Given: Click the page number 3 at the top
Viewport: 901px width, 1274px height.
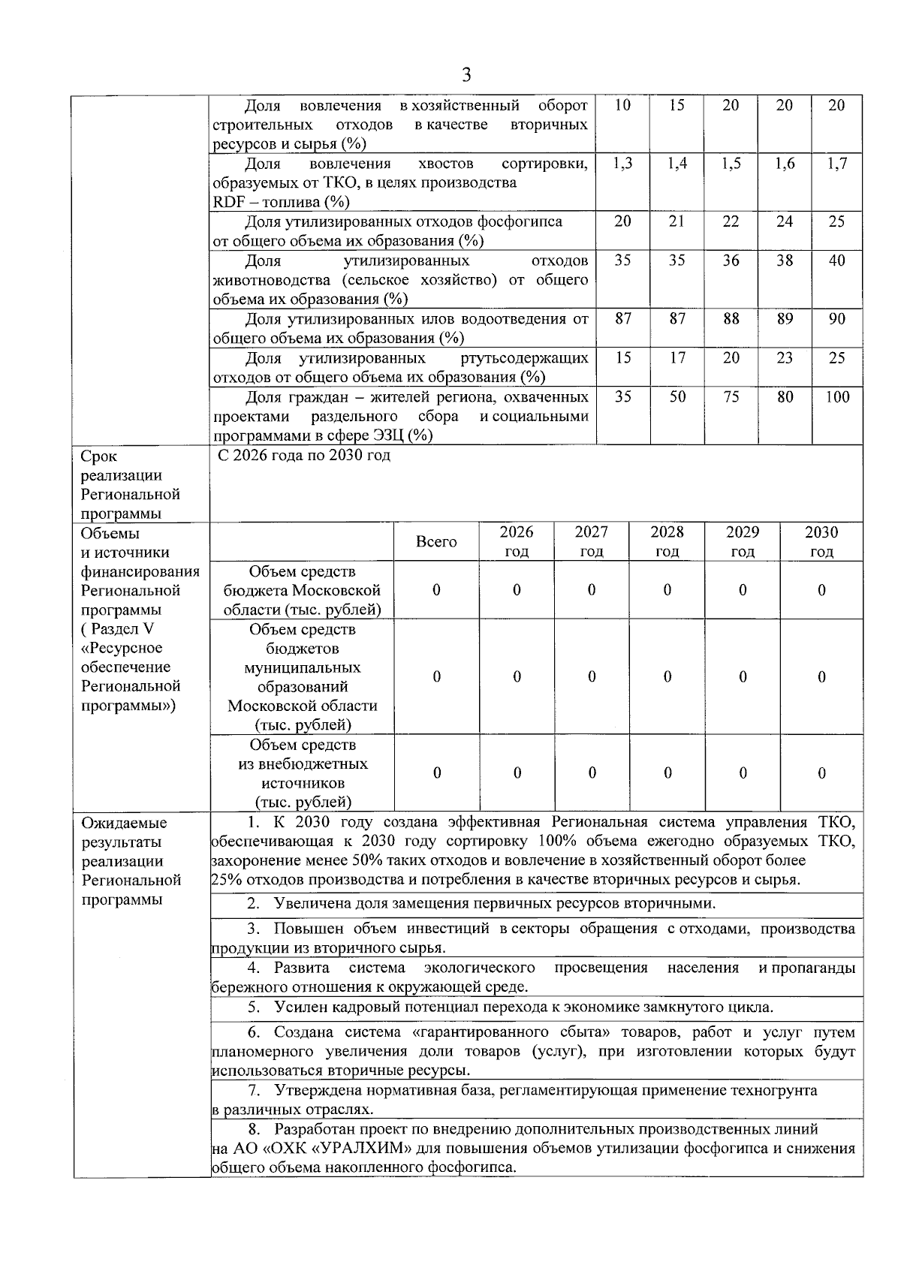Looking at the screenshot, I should (x=466, y=74).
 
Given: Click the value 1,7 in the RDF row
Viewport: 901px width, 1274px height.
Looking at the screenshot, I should (x=837, y=164).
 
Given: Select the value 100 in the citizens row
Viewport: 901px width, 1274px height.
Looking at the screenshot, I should (x=837, y=397).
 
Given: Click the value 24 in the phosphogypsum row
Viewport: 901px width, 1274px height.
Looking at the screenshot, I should (x=785, y=221).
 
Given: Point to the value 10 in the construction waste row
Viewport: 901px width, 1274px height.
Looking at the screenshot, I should (x=622, y=106).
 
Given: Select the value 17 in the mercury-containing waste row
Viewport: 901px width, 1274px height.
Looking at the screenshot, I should (x=677, y=358).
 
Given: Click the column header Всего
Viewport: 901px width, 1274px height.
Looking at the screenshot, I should (x=436, y=542).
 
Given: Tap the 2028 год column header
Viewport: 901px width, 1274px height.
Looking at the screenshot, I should (x=667, y=542).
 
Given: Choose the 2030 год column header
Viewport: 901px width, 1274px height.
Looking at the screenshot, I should (x=821, y=542).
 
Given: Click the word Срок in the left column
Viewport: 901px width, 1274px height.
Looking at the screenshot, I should (x=99, y=456).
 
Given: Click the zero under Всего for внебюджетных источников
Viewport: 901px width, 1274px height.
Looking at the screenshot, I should (x=436, y=773).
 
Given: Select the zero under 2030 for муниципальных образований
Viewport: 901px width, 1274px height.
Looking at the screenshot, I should (x=821, y=677).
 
